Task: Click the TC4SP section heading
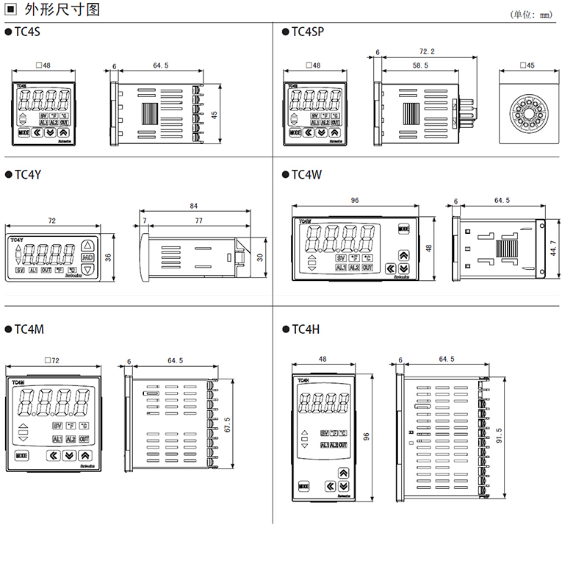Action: tap(307, 32)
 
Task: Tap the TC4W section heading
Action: tap(306, 176)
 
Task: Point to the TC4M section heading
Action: tap(29, 329)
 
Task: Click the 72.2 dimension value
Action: tap(427, 51)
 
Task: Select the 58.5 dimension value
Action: tap(420, 66)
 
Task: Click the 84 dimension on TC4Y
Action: tap(194, 206)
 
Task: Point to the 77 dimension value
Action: tap(198, 221)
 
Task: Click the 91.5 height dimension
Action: tap(500, 436)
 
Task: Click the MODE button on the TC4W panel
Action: tap(403, 229)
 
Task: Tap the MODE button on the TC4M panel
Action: tap(21, 454)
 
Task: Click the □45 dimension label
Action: tap(527, 66)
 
